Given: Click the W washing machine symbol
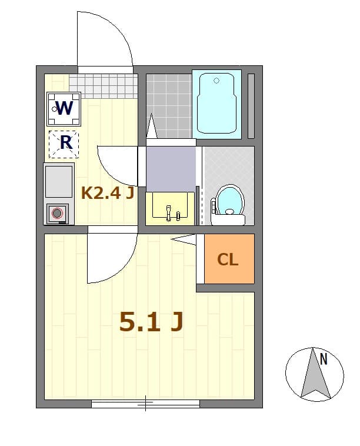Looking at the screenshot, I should pyautogui.click(x=64, y=108).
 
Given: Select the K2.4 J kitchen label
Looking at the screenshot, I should pyautogui.click(x=108, y=193).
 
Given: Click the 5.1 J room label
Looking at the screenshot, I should pyautogui.click(x=151, y=322).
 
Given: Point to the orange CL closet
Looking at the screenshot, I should pyautogui.click(x=229, y=259).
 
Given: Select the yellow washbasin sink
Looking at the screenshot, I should pyautogui.click(x=170, y=208).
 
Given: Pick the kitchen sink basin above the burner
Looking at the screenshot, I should pyautogui.click(x=58, y=181).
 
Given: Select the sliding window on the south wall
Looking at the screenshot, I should pyautogui.click(x=145, y=404).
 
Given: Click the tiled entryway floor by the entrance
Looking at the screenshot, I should pyautogui.click(x=103, y=86).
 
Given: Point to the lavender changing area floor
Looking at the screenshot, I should pyautogui.click(x=171, y=168).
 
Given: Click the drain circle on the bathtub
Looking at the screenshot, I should pyautogui.click(x=216, y=81).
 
